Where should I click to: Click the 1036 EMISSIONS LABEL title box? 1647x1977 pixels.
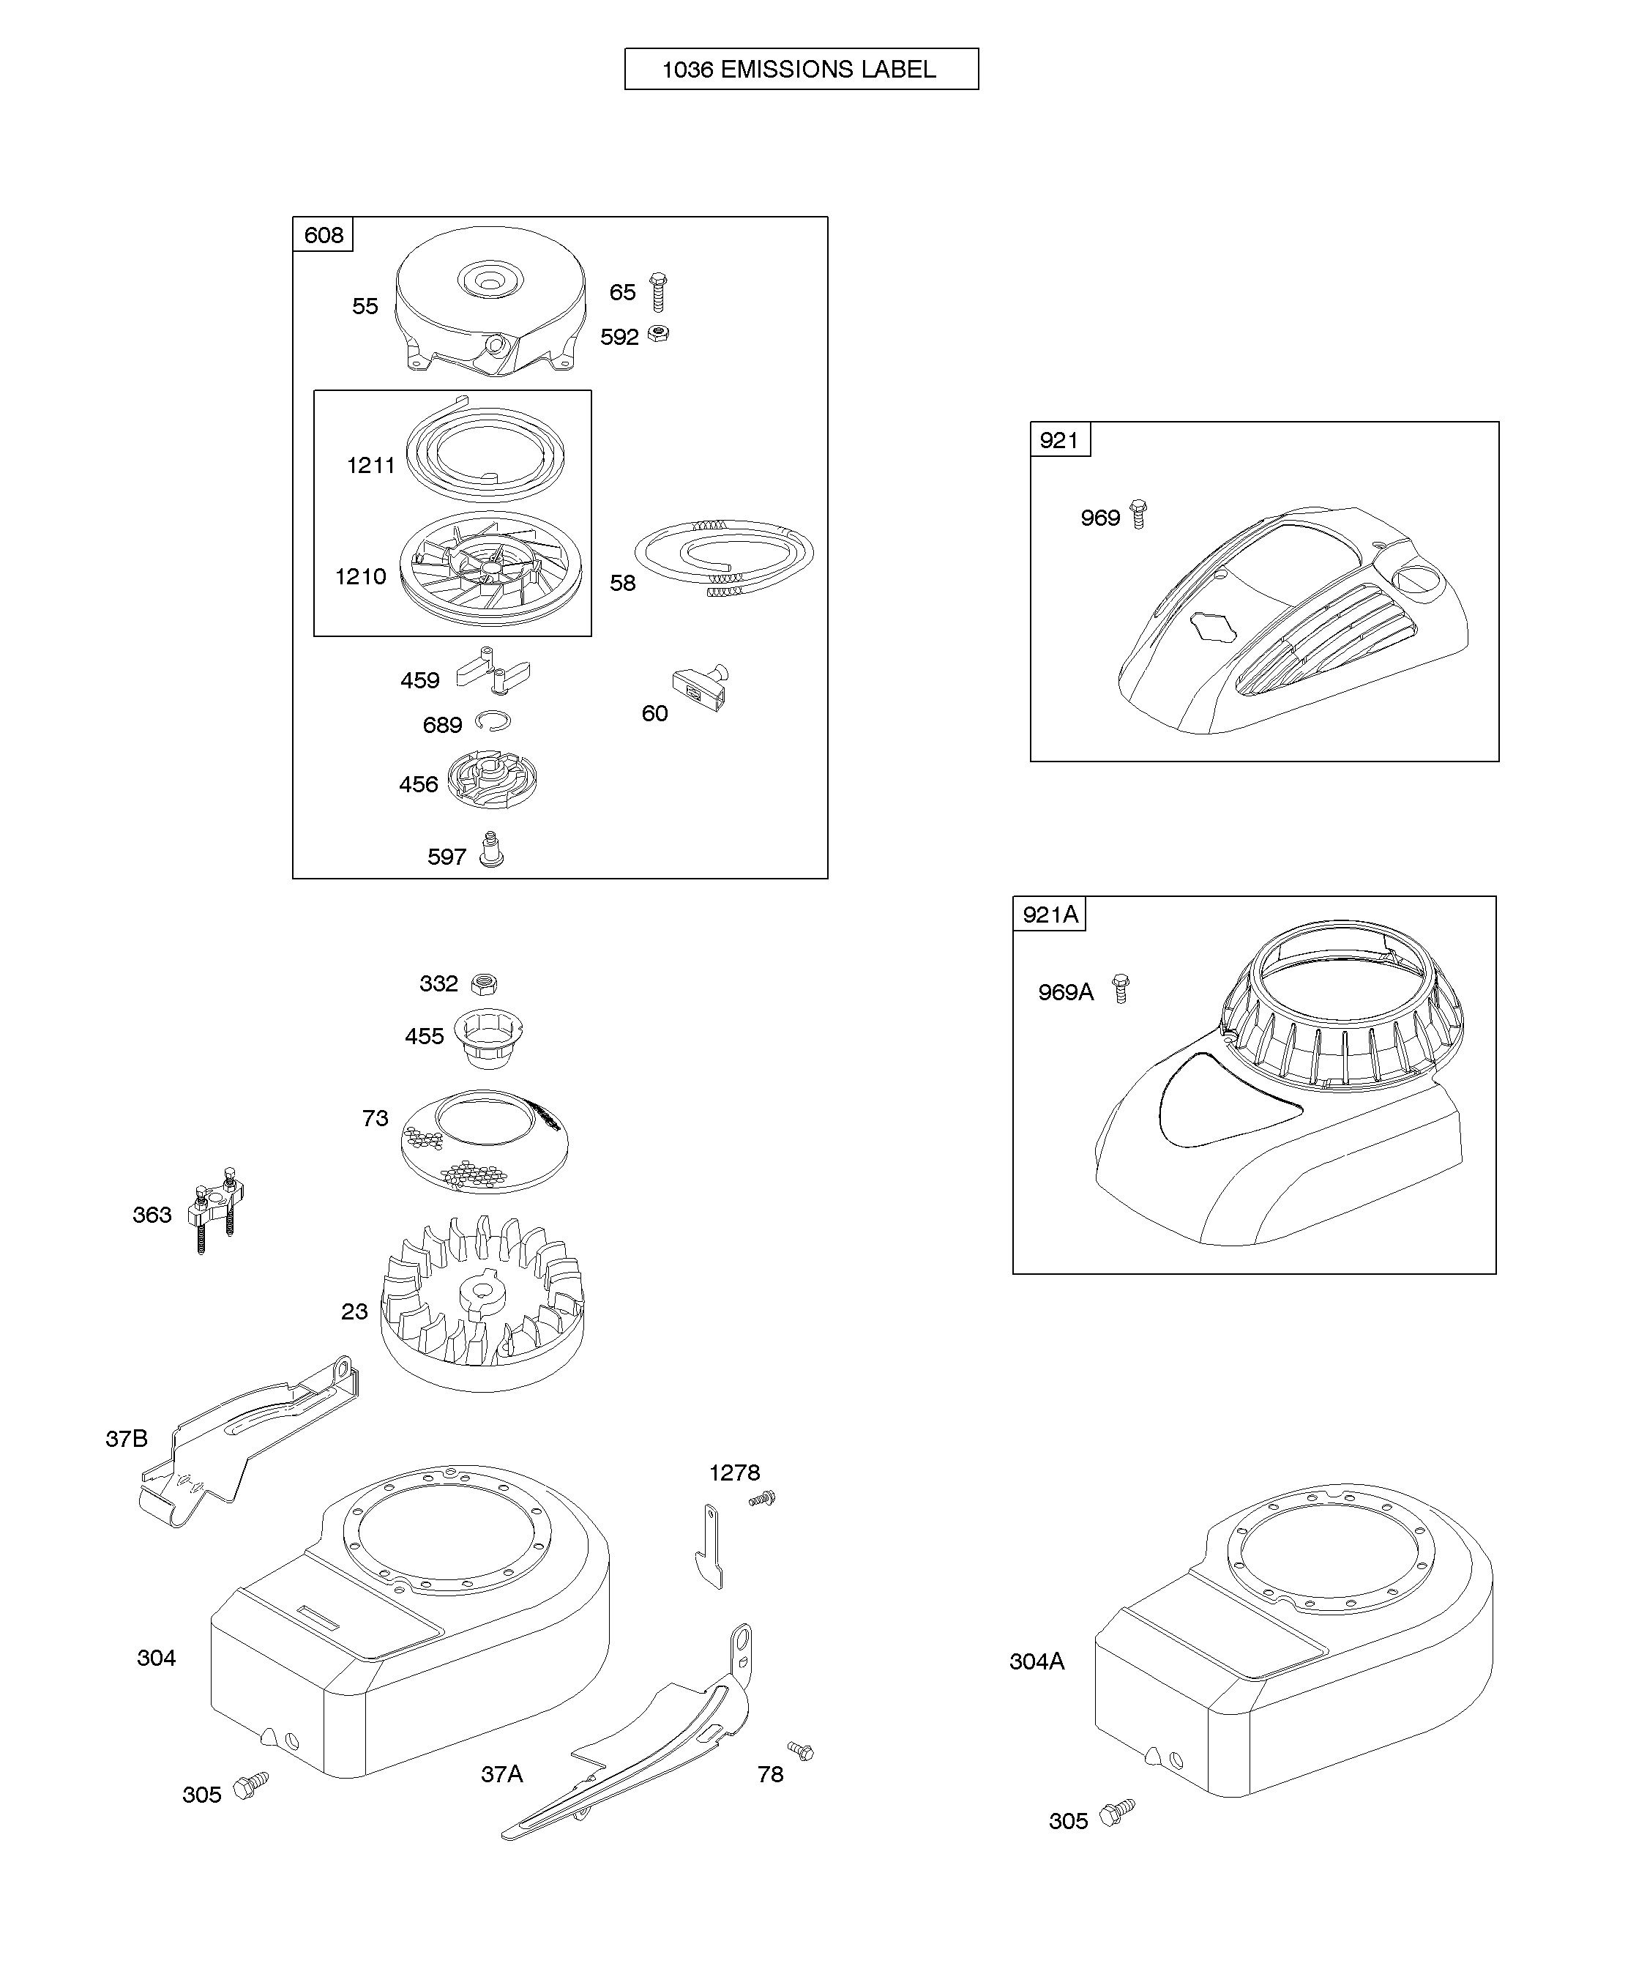tap(801, 69)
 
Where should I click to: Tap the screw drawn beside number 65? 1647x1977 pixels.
tap(658, 292)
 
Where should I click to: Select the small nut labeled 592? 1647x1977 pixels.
tap(660, 333)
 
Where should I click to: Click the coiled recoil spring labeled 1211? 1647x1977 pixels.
tap(485, 452)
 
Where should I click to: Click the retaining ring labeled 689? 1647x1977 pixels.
tap(492, 721)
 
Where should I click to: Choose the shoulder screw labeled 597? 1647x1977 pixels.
tap(490, 849)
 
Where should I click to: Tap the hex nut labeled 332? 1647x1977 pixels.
tap(485, 984)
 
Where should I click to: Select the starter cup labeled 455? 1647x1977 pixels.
tap(488, 1038)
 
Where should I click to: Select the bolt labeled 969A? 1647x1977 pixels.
tap(1120, 988)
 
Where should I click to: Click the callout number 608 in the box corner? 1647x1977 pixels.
tap(324, 234)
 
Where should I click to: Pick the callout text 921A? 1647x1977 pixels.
tap(1050, 914)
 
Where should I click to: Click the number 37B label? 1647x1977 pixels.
tap(126, 1439)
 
